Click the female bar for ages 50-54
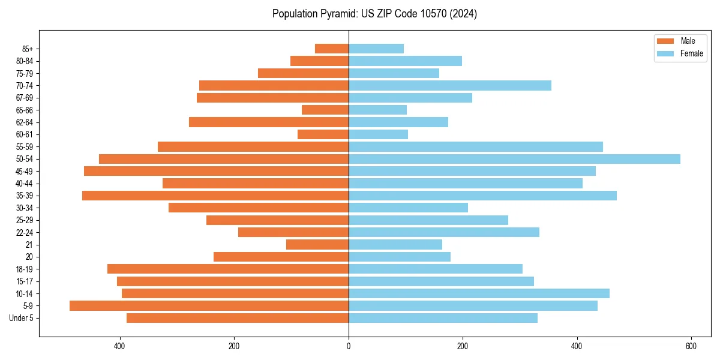[x=514, y=159]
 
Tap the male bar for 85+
[x=332, y=49]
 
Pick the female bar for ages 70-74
[x=450, y=86]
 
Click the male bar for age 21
[x=317, y=245]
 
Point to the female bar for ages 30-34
[x=408, y=208]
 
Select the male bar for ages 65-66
[x=325, y=110]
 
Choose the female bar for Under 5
[x=443, y=318]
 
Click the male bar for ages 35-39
[x=215, y=196]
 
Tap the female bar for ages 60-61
[x=378, y=134]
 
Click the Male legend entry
[x=688, y=41]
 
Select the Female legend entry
[x=691, y=53]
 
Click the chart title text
[x=374, y=14]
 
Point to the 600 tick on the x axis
[x=691, y=346]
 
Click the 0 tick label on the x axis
[x=349, y=346]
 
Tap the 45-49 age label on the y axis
[x=25, y=172]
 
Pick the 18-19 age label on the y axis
[x=25, y=269]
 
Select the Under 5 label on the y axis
[x=22, y=318]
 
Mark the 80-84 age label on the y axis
[x=25, y=61]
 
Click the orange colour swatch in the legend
[x=665, y=41]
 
